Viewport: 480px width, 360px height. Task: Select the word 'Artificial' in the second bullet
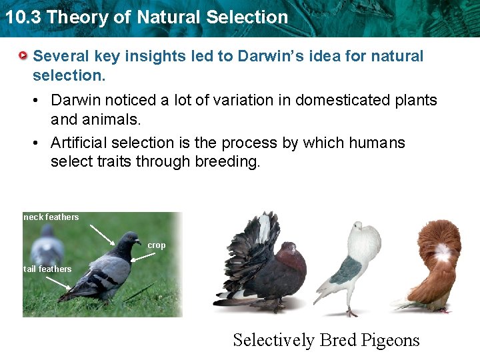coord(79,143)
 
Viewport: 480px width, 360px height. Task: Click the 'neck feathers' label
coord(51,217)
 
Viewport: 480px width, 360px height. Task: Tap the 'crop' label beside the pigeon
coord(157,245)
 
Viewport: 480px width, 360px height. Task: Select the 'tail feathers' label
coord(47,269)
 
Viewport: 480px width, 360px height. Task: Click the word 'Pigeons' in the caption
coord(390,340)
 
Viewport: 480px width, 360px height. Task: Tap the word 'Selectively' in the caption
coord(273,340)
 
